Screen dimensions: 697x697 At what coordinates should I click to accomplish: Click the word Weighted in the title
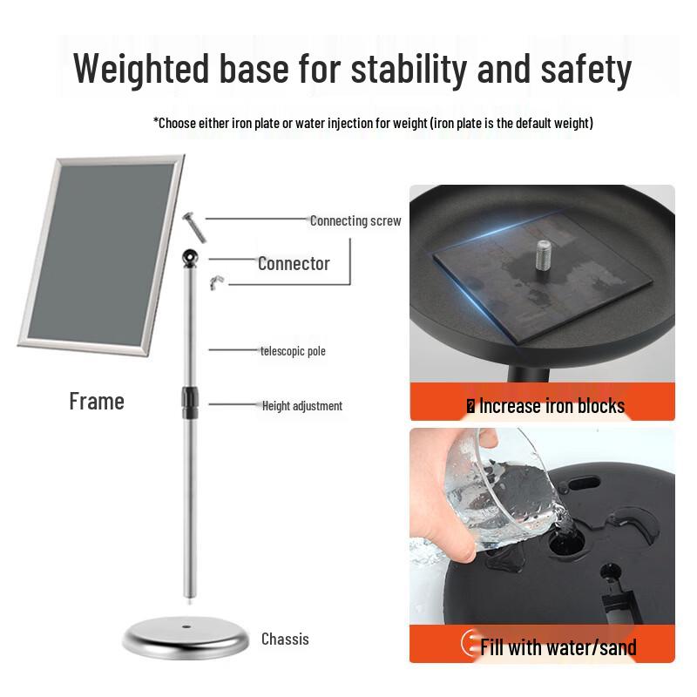(141, 68)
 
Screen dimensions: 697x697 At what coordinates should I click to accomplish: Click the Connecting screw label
(355, 220)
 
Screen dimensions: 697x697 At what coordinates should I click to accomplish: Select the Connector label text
(294, 264)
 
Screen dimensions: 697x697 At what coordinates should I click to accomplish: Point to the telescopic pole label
(293, 351)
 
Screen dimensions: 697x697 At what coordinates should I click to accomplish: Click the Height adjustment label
(301, 405)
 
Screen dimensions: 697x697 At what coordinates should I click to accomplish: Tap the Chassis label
(285, 639)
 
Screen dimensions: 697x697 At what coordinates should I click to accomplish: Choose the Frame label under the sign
(97, 402)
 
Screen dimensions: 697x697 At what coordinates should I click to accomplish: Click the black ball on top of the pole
(190, 257)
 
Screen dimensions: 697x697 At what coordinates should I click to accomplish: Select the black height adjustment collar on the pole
(189, 403)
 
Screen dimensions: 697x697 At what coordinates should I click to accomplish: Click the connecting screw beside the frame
(194, 227)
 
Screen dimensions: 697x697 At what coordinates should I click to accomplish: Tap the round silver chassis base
(186, 637)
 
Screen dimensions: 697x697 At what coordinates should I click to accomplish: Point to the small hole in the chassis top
(186, 626)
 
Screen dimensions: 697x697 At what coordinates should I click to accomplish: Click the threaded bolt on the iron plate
(543, 254)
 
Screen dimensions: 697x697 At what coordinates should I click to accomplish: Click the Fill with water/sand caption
(558, 646)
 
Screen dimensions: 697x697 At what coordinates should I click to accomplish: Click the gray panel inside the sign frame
(101, 252)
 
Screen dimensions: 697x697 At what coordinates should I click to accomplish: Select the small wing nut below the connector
(216, 282)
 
